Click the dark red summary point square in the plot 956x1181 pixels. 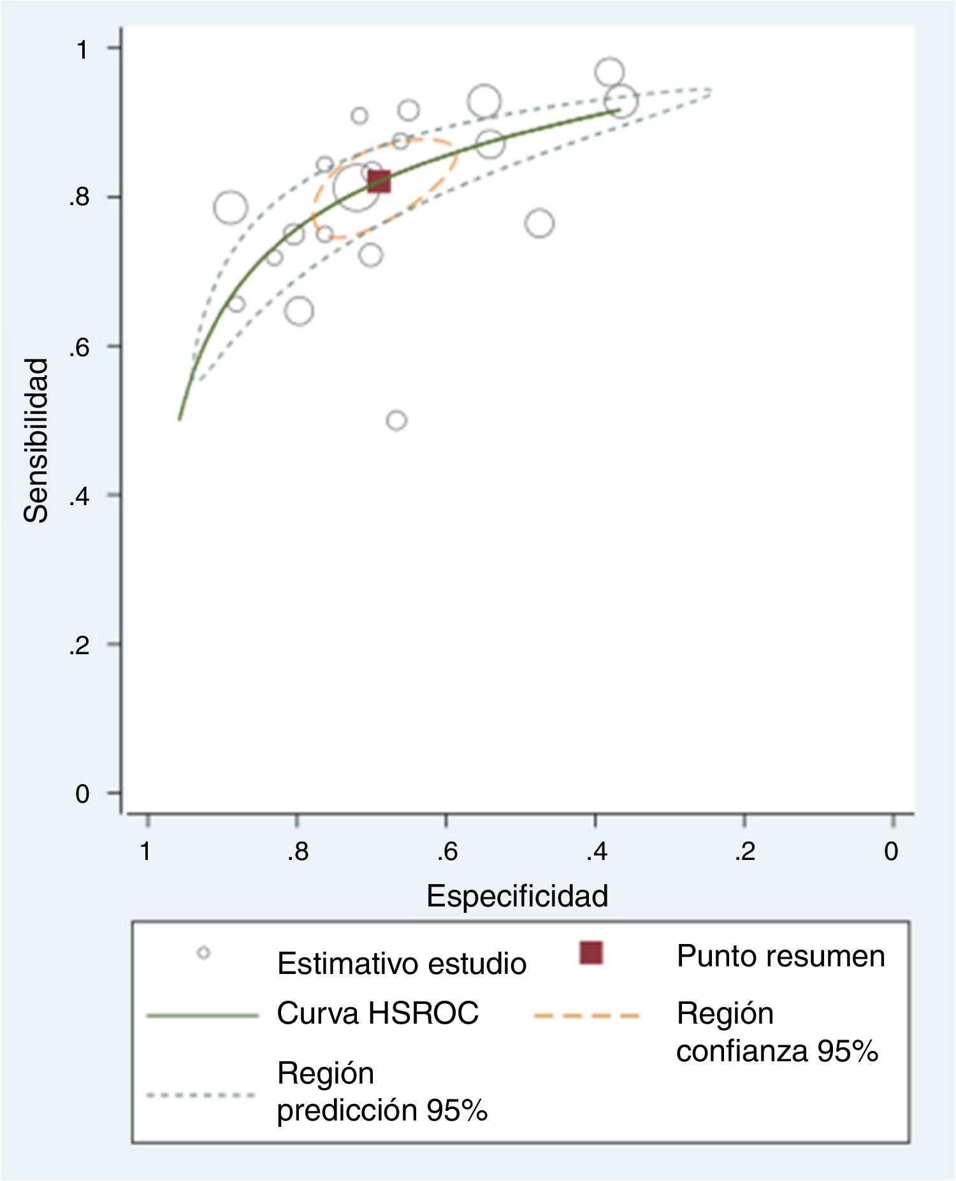coord(379,182)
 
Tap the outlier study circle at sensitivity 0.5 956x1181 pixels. coord(396,420)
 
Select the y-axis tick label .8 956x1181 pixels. coord(79,197)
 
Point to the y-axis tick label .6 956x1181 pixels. coord(79,347)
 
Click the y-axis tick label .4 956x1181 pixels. coord(79,496)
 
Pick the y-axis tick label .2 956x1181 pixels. coord(79,645)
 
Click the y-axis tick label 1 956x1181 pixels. coord(82,49)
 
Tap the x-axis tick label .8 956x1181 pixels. coord(298,851)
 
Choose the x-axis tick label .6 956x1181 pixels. coord(447,851)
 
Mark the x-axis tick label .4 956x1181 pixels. coord(597,851)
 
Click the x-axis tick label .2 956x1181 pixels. coord(745,851)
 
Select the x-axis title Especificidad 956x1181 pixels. coord(517,896)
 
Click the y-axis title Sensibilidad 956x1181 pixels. coord(36,440)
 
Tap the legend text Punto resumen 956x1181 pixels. coord(781,956)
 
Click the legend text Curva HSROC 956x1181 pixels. coord(377,1013)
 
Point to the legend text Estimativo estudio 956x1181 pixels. coord(402,964)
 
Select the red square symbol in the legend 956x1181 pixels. coord(591,953)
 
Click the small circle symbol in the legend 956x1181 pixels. coord(204,953)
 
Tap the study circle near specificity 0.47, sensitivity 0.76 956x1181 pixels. coord(540,224)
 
